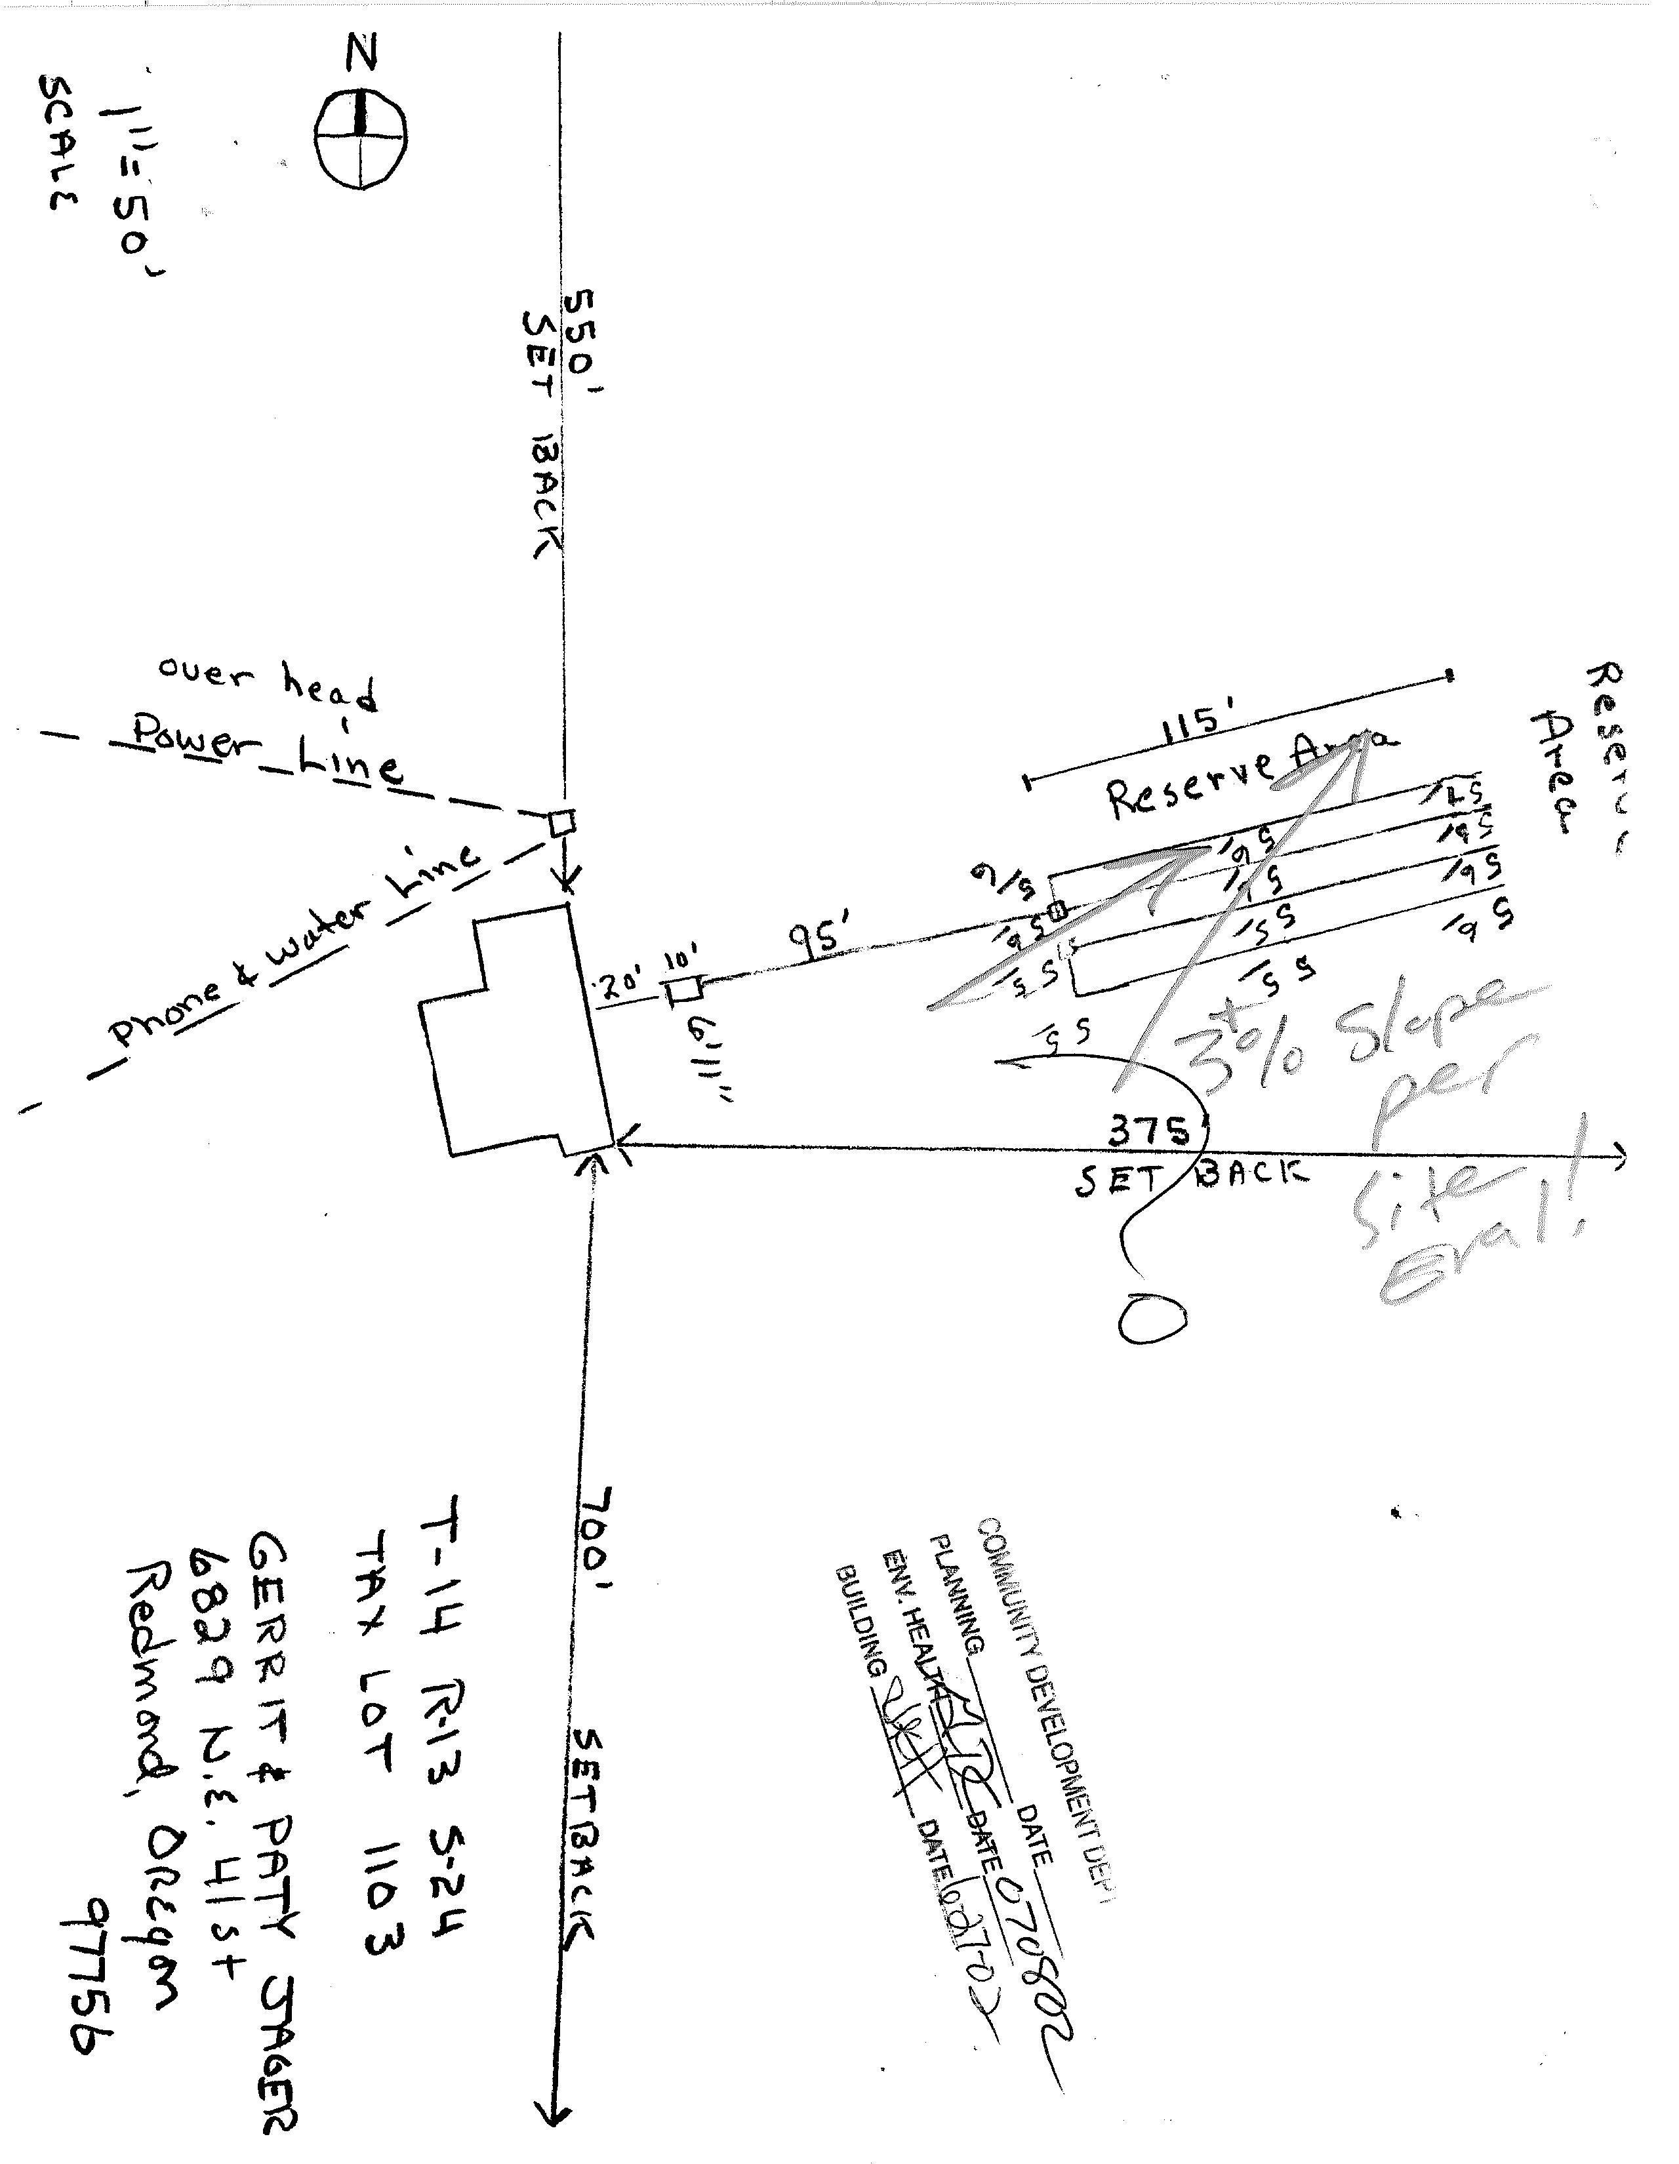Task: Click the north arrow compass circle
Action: point(361,140)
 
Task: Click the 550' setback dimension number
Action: point(583,342)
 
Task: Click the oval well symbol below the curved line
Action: point(1152,1319)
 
